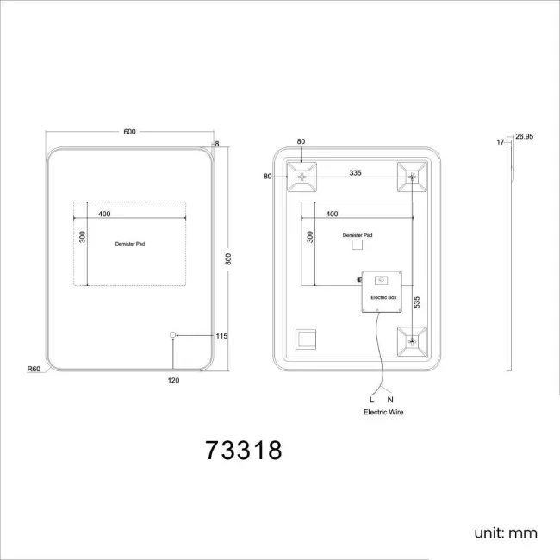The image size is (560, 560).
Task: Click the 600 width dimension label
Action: pos(129,132)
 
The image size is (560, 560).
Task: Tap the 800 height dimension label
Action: pos(228,259)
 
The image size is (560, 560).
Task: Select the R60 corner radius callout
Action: pos(34,369)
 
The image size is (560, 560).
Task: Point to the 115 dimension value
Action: pos(221,336)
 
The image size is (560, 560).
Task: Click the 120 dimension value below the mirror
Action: pos(173,380)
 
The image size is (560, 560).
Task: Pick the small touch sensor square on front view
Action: pos(173,334)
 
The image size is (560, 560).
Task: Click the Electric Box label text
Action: pos(383,297)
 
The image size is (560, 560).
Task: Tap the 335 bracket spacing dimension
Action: pos(355,173)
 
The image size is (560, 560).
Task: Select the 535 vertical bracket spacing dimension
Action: pos(417,302)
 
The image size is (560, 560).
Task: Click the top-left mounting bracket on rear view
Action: pos(302,177)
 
